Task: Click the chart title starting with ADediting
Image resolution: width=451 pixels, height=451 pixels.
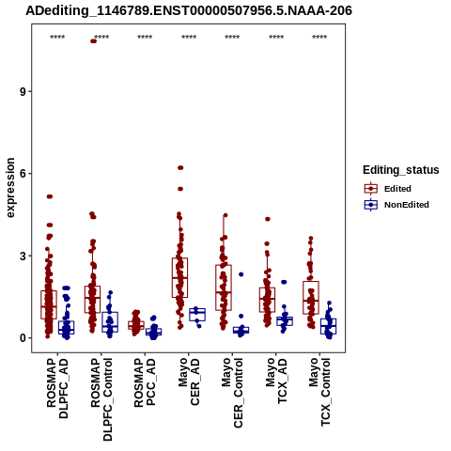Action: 189,11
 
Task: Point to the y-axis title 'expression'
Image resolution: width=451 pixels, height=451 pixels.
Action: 10,188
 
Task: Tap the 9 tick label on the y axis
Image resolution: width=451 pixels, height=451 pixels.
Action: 22,91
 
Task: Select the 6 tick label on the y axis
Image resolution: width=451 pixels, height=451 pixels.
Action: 22,174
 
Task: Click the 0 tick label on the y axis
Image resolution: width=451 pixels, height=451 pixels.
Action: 22,338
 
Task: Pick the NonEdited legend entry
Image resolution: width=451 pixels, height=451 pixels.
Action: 397,205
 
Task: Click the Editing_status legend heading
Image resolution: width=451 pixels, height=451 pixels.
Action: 401,170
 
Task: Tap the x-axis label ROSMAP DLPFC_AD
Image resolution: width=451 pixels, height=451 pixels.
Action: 57,388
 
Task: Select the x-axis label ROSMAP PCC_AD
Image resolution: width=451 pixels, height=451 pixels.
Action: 145,382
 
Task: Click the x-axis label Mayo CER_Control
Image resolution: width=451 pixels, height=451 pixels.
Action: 232,393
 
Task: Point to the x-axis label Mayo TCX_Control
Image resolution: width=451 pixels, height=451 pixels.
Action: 319,392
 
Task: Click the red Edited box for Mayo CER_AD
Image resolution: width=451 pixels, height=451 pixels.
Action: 179,277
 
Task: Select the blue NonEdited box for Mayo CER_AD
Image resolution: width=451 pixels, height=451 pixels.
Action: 197,314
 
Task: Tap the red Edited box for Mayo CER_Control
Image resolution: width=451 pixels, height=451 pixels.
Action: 224,288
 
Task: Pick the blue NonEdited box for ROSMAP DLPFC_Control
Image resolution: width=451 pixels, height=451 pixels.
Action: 110,322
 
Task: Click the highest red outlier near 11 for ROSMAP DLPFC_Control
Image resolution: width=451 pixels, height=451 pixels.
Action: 93,41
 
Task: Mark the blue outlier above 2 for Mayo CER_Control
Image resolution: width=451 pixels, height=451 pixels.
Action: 241,274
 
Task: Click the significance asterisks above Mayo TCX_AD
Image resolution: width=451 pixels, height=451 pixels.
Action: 276,38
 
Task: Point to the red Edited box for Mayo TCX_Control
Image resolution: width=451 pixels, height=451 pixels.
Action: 311,298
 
